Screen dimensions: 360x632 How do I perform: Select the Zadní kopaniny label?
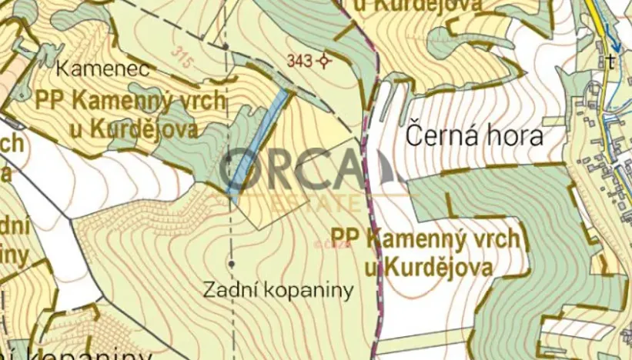(x=278, y=290)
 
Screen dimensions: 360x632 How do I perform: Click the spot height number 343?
(x=299, y=60)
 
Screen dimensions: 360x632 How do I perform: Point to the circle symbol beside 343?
(x=325, y=60)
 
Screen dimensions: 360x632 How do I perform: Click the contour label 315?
(x=183, y=57)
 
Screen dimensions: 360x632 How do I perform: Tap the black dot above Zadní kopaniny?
(x=232, y=264)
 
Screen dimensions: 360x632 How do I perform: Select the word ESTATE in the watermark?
(x=297, y=203)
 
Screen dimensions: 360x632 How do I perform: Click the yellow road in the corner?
(x=594, y=15)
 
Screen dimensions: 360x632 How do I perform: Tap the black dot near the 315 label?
(x=225, y=46)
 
